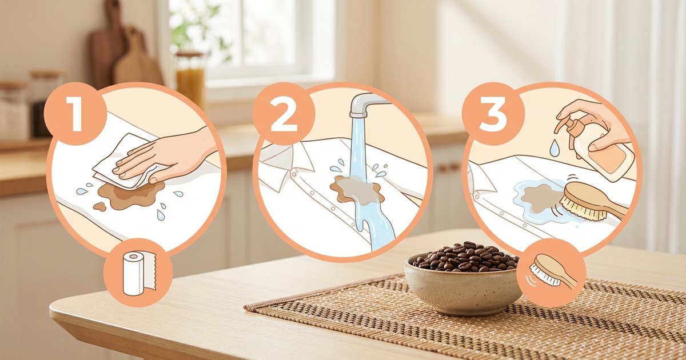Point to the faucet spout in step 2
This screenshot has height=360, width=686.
[x=366, y=105]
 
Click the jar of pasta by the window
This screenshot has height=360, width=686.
[x=190, y=78]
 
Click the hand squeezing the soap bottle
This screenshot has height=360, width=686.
[x=589, y=117]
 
